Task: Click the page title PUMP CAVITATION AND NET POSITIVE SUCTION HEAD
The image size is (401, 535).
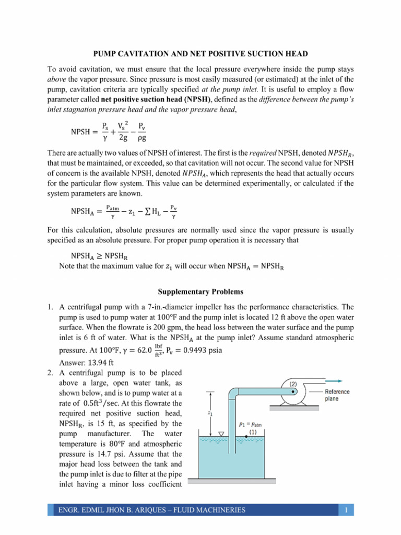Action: coord(200,54)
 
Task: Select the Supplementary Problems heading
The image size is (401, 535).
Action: coord(200,291)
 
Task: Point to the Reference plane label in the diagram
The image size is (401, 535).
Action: coord(337,395)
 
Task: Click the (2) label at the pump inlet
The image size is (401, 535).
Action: coord(294,382)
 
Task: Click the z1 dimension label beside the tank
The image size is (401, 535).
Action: coord(209,413)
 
